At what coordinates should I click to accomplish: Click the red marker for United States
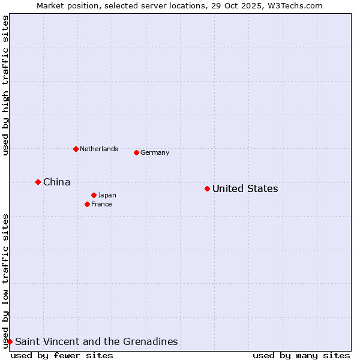[x=207, y=189]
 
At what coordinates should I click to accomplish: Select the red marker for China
[x=38, y=182]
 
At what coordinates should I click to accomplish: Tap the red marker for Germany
[x=136, y=152]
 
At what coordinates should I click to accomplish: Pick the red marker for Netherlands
[x=76, y=149]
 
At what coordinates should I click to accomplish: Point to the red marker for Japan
[x=94, y=195]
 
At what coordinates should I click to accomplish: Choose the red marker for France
[x=87, y=204]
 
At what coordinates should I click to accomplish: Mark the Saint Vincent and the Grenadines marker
[x=10, y=341]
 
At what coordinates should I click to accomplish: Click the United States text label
[x=245, y=189]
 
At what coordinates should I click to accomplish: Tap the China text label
[x=56, y=182]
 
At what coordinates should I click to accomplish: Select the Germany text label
[x=155, y=152]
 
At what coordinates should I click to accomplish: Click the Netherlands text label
[x=98, y=149]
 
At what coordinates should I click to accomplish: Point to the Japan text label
[x=107, y=195]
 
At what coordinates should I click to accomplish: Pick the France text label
[x=101, y=204]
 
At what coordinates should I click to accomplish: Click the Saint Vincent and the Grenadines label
[x=96, y=341]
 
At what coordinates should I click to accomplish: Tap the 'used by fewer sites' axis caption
[x=62, y=355]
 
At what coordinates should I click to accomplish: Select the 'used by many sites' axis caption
[x=301, y=355]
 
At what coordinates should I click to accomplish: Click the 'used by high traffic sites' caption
[x=5, y=85]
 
